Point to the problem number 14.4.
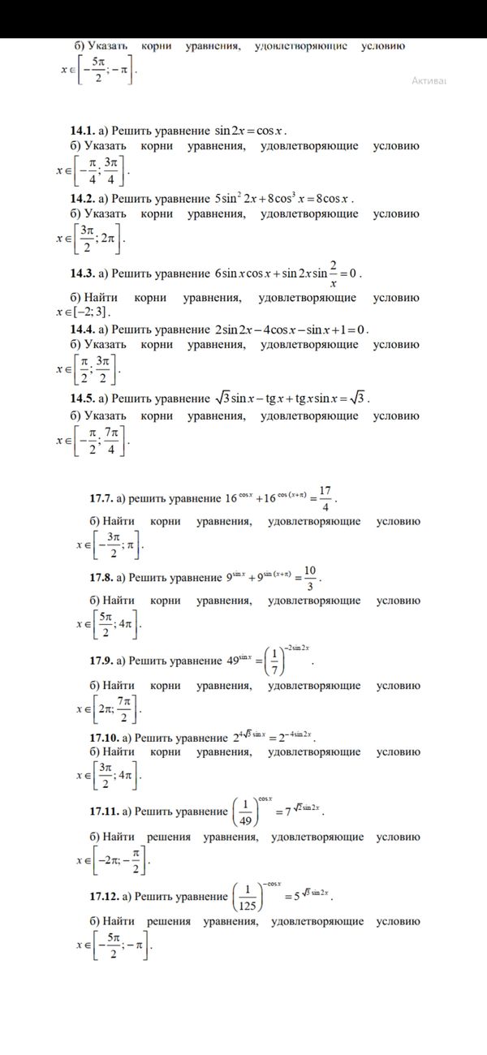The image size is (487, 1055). coord(82,329)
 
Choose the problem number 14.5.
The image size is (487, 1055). coord(82,398)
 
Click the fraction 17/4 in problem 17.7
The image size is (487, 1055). coord(325,497)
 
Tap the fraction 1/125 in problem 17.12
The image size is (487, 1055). coord(248,898)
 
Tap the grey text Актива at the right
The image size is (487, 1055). coord(429,80)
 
